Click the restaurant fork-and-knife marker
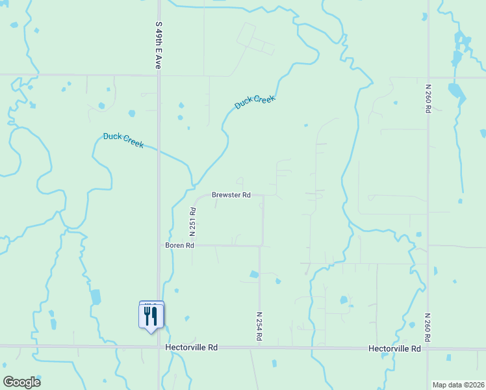pyautogui.click(x=151, y=316)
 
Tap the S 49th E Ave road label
pyautogui.click(x=158, y=44)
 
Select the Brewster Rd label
pyautogui.click(x=231, y=195)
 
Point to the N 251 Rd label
pyautogui.click(x=193, y=222)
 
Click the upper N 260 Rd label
pyautogui.click(x=428, y=99)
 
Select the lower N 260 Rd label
pyautogui.click(x=428, y=329)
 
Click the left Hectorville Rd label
pyautogui.click(x=191, y=348)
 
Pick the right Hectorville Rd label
pyautogui.click(x=394, y=348)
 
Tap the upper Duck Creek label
pyautogui.click(x=255, y=102)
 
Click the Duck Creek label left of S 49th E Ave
pyautogui.click(x=123, y=140)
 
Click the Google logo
pyautogui.click(x=21, y=382)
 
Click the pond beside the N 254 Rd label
pyautogui.click(x=254, y=275)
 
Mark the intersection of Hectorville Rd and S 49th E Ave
pyautogui.click(x=159, y=346)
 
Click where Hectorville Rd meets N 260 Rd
pyautogui.click(x=428, y=348)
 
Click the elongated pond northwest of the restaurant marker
pyautogui.click(x=96, y=296)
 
